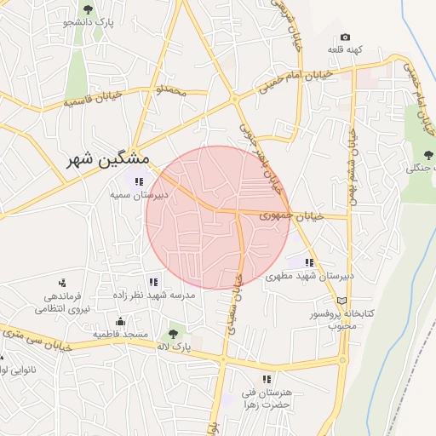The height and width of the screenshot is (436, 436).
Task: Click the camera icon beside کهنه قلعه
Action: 345,37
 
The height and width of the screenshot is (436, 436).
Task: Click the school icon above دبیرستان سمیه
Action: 139,181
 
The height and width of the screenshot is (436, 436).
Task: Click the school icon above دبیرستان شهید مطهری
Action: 310,263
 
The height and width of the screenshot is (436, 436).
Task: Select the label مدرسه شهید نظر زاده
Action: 155,295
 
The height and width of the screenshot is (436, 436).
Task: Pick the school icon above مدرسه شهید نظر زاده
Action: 153,282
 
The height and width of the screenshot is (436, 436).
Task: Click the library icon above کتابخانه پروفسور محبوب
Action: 342,301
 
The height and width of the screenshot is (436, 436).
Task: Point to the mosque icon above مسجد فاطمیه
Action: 120,321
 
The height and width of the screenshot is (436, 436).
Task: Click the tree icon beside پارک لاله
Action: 174,334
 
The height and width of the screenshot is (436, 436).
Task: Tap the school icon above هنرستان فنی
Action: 267,379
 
